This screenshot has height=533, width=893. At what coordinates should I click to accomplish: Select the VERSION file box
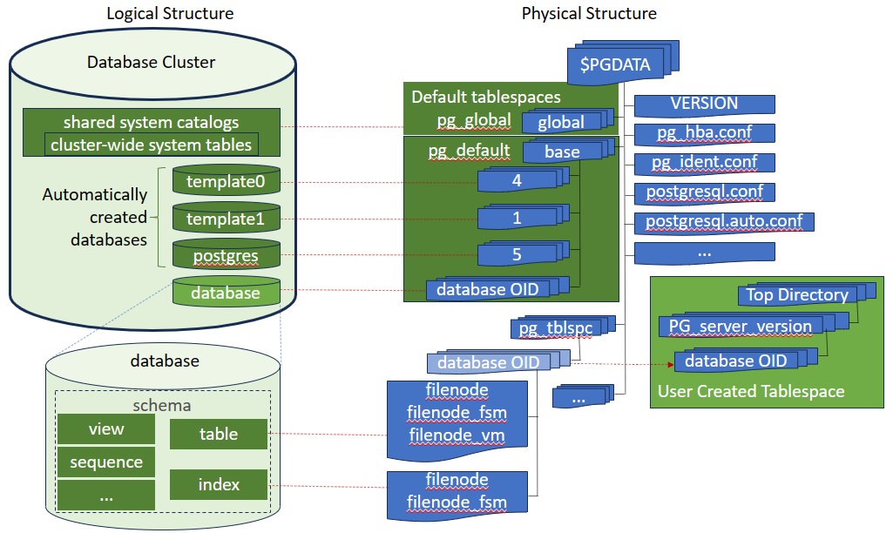tap(703, 104)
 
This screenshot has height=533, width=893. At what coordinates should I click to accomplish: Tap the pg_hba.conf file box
tap(705, 133)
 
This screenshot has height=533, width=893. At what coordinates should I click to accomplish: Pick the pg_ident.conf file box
tap(705, 163)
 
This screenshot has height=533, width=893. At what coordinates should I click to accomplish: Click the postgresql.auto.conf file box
tap(723, 221)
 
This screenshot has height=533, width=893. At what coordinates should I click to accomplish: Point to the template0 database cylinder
tap(225, 182)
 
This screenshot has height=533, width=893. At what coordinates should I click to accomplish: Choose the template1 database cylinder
tap(225, 219)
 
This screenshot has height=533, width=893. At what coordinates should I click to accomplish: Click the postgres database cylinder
tap(225, 255)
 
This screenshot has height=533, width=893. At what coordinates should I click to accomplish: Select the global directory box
tap(560, 122)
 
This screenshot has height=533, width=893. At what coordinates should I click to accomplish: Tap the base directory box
tap(561, 152)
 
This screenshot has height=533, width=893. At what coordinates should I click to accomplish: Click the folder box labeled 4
tap(516, 182)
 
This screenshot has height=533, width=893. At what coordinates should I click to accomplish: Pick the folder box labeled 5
tap(516, 255)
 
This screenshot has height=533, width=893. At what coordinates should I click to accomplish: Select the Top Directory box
tap(796, 294)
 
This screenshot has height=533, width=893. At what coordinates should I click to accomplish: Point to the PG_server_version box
tap(741, 327)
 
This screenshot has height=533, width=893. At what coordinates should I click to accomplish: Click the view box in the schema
tap(106, 429)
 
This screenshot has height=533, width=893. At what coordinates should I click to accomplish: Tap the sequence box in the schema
tap(106, 462)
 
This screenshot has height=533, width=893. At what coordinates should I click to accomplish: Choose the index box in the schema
tap(219, 484)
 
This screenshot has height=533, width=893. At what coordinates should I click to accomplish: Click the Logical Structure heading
tap(170, 13)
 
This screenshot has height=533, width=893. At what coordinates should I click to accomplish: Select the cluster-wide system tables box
tap(151, 145)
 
